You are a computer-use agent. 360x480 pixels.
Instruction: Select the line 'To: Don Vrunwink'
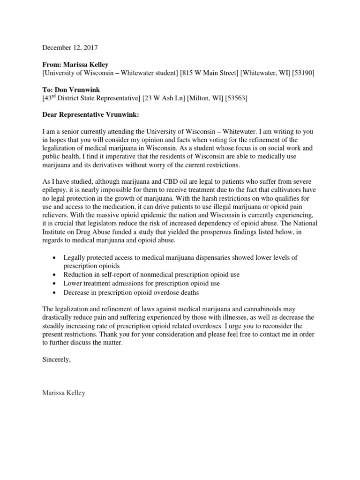click(x=71, y=90)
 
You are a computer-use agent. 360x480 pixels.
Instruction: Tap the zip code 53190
click(x=303, y=73)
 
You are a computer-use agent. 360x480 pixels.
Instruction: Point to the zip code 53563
click(x=236, y=98)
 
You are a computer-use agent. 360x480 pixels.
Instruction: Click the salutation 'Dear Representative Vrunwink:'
click(x=91, y=115)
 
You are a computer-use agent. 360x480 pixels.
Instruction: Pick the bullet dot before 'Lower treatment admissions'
click(x=55, y=284)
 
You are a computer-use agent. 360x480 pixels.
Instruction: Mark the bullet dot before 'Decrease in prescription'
click(x=55, y=292)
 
